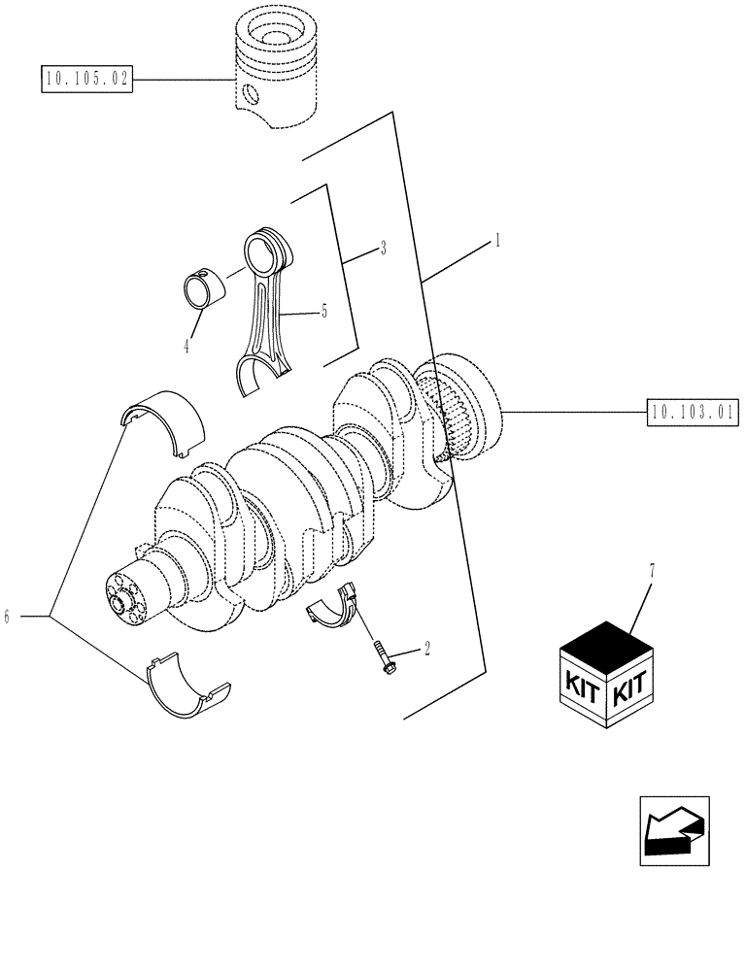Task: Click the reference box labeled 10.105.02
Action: [85, 80]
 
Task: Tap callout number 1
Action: [497, 239]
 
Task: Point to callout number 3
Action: [383, 250]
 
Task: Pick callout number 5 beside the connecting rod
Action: [324, 312]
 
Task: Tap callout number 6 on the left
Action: [8, 616]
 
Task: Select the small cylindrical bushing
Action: [205, 287]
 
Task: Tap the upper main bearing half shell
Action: [165, 420]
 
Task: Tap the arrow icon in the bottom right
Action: [674, 830]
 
